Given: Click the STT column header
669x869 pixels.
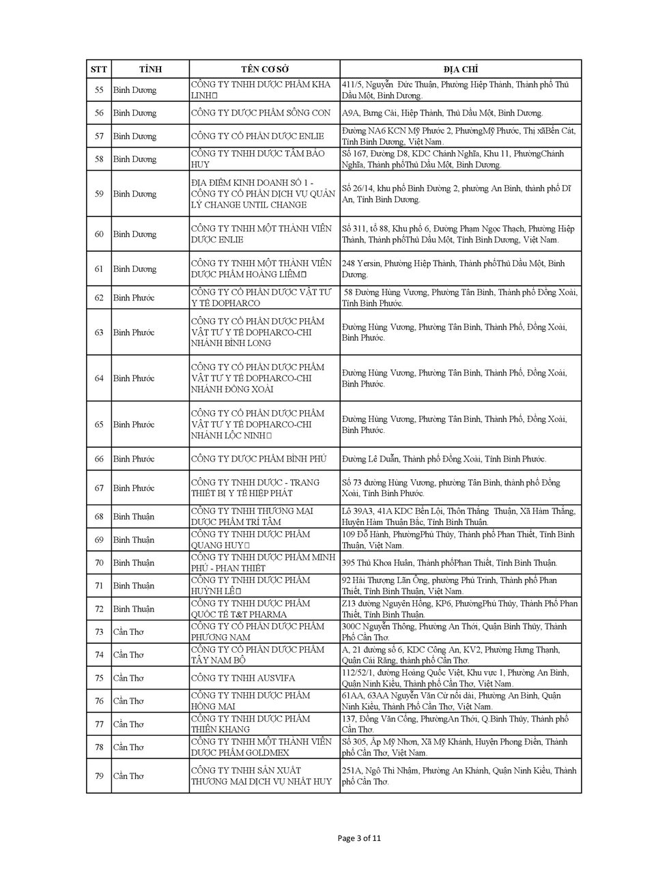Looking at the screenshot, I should [x=99, y=70].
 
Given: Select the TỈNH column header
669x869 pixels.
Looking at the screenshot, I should [x=150, y=70].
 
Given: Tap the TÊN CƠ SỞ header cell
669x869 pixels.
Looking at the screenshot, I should [x=264, y=70].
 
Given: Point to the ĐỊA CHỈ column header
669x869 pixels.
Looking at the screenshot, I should [x=460, y=70].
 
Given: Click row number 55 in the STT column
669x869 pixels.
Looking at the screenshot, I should [x=99, y=90].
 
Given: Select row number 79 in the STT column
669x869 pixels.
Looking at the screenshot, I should [x=99, y=776].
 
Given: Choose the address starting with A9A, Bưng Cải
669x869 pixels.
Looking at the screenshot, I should [x=442, y=113].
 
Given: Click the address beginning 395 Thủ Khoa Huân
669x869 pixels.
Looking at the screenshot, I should [x=449, y=563].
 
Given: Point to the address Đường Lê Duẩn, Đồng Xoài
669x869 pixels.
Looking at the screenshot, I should [x=444, y=459].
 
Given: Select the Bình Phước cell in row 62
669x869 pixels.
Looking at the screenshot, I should [x=134, y=298].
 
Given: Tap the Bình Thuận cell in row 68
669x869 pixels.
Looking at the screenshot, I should [x=134, y=517].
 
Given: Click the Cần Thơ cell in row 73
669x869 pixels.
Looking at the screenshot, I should [x=128, y=632].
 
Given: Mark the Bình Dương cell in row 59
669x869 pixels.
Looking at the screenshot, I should [x=134, y=194].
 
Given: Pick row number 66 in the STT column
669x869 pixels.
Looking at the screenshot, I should [x=99, y=459].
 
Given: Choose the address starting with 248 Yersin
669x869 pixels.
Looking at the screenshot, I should [x=453, y=269].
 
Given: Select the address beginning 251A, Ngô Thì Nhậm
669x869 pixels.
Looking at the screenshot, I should [x=459, y=776].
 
